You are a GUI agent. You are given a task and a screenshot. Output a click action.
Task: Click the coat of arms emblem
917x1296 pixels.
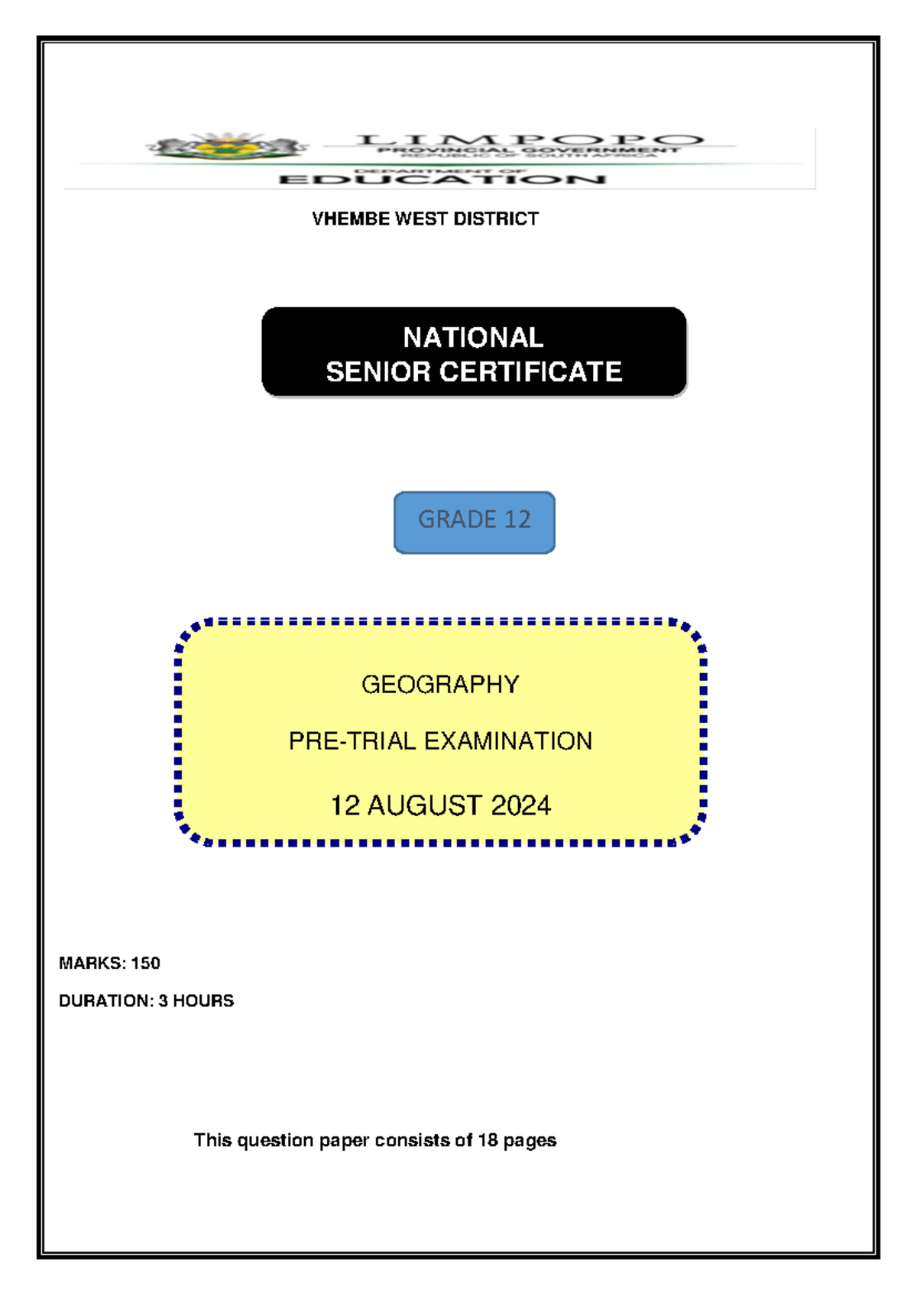pos(228,146)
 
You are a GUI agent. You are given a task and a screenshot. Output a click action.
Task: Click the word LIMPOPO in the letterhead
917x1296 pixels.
pos(529,140)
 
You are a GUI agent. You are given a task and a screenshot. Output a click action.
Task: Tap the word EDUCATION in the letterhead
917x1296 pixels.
pos(442,180)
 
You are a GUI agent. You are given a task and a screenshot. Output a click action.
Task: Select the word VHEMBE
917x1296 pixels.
pos(342,219)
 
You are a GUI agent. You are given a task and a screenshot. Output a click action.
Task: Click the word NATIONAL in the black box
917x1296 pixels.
pos(473,338)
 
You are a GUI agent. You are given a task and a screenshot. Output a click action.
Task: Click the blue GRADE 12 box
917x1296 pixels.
pos(474,522)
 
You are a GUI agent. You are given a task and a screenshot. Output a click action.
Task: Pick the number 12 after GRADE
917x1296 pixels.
pos(517,520)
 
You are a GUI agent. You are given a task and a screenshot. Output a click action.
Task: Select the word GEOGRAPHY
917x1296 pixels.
pos(440,685)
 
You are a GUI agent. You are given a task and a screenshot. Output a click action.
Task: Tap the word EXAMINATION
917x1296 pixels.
pos(508,741)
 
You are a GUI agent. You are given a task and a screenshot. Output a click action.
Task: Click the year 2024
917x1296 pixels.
pos(520,806)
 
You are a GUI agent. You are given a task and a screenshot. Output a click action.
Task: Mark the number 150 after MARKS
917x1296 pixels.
pos(145,964)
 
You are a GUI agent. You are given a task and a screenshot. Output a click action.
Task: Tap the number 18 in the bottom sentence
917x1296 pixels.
pos(488,1141)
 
